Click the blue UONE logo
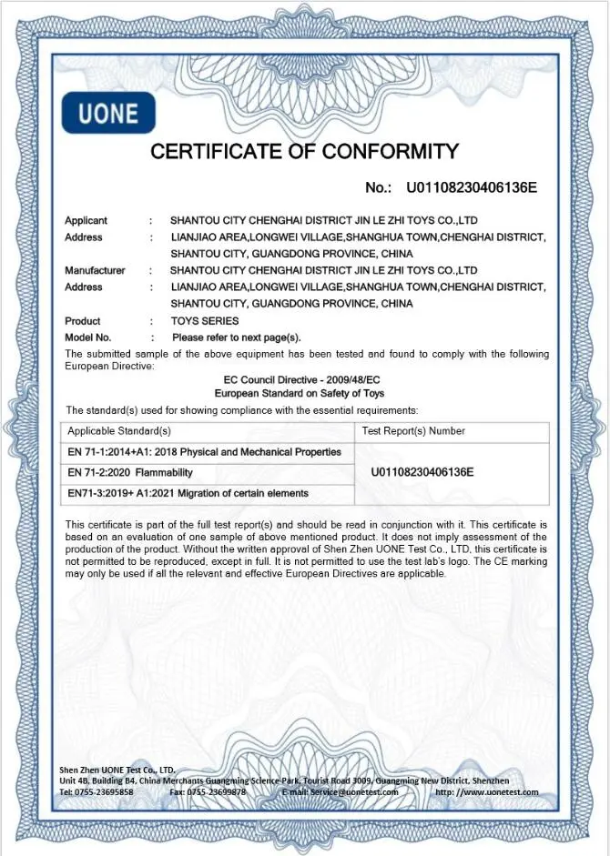(x=108, y=114)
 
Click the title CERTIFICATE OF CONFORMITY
(x=304, y=151)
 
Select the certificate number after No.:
(x=471, y=188)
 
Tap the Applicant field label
(x=86, y=220)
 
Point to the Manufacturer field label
(x=95, y=270)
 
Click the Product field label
(x=83, y=320)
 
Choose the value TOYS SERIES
(x=205, y=320)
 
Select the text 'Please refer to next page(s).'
(x=237, y=337)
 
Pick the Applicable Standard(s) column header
(x=119, y=431)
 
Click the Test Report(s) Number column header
(x=413, y=431)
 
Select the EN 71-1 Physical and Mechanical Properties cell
(x=205, y=452)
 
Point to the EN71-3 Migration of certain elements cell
(x=188, y=494)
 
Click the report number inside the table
(x=422, y=473)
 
